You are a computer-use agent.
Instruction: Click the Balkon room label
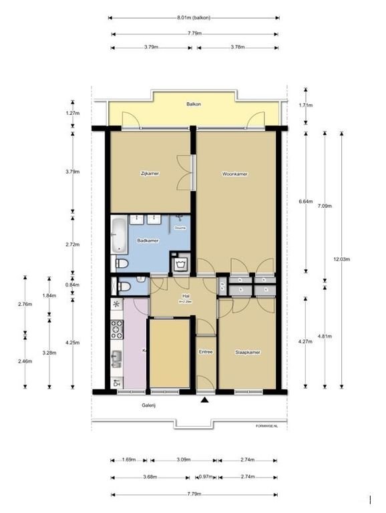click(x=194, y=104)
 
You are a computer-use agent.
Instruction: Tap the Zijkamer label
click(x=150, y=174)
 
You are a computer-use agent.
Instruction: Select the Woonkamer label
click(x=235, y=174)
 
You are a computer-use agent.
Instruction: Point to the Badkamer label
click(x=148, y=240)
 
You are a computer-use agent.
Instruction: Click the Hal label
click(x=185, y=297)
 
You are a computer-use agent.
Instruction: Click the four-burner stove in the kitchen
click(x=117, y=329)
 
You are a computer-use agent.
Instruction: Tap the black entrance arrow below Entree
click(x=205, y=401)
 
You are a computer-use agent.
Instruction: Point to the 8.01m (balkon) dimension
click(x=194, y=18)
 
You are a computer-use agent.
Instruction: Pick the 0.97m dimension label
click(x=206, y=476)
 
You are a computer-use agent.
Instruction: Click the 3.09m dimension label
click(x=184, y=460)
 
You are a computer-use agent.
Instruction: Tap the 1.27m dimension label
click(x=73, y=113)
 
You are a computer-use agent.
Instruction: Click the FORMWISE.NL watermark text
click(x=266, y=425)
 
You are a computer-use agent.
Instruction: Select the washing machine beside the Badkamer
click(x=180, y=264)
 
